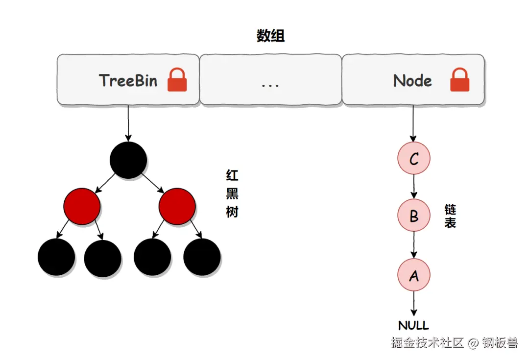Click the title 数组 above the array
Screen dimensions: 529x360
270,36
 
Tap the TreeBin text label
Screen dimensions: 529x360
128,80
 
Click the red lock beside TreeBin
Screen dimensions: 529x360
177,80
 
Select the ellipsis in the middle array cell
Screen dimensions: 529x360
270,86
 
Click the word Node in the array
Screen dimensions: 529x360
412,81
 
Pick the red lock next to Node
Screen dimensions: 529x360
459,80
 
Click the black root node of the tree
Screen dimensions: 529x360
128,160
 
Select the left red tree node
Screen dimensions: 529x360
82,206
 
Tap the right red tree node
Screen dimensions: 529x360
177,206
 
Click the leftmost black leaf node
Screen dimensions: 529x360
56,257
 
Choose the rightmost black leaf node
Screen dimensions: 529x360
202,257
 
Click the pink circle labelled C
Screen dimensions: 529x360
413,158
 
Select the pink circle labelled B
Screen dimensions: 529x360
413,215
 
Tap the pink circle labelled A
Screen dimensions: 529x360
413,275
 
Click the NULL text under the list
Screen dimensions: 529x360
413,326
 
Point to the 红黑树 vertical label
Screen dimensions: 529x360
232,193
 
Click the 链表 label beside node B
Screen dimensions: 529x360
450,216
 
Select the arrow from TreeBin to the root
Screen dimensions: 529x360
128,123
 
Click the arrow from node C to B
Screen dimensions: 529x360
413,187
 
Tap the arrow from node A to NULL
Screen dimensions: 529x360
413,304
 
